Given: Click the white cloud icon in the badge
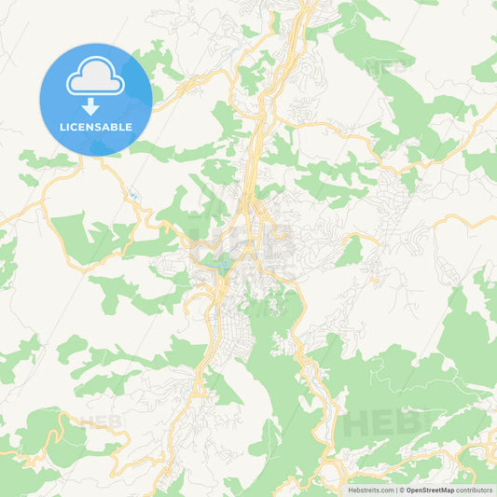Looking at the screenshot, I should point(95,81).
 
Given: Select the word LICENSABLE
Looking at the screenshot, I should point(95,126).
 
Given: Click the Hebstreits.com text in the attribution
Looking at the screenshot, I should point(369,490).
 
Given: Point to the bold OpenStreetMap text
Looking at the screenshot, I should point(430,490).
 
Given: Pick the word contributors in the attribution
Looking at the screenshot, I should point(475,490).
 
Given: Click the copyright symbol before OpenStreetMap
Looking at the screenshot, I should point(401,490).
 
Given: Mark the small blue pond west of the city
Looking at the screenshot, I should point(134,196).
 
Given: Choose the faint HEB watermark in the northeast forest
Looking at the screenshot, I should point(387,68).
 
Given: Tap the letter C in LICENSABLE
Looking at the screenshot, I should point(71,126).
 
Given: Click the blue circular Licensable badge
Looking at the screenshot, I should point(95,99).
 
